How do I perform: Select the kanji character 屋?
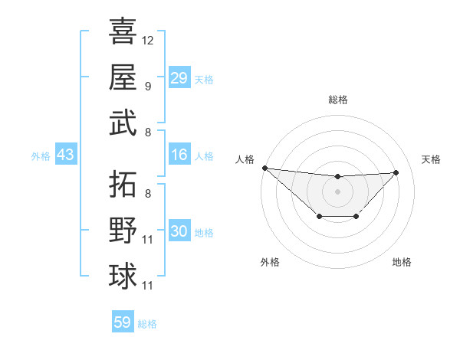click(123, 77)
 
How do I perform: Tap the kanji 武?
click(123, 123)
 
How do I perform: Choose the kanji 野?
click(123, 231)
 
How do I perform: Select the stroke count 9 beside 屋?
click(148, 86)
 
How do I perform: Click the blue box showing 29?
click(179, 77)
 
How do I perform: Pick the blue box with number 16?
click(179, 155)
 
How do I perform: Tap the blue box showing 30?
click(179, 231)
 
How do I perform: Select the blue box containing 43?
click(66, 155)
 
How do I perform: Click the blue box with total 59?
click(123, 322)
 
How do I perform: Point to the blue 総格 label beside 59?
click(147, 324)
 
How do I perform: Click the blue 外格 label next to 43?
click(41, 156)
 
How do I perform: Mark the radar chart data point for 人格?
click(264, 168)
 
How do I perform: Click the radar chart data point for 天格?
click(396, 172)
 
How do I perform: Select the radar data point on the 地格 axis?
click(356, 218)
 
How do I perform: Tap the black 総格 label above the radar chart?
click(337, 100)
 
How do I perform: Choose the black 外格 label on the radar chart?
click(269, 262)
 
